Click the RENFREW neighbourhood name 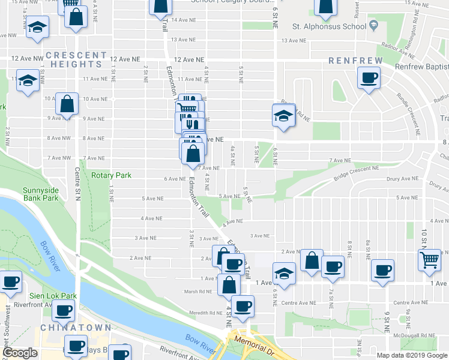(351, 61)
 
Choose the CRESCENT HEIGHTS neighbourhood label (74, 59)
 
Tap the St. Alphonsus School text (329, 27)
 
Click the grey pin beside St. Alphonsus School (373, 26)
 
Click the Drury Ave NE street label (402, 178)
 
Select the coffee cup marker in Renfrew (369, 77)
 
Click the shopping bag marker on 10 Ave (67, 103)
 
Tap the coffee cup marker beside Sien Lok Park (63, 310)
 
